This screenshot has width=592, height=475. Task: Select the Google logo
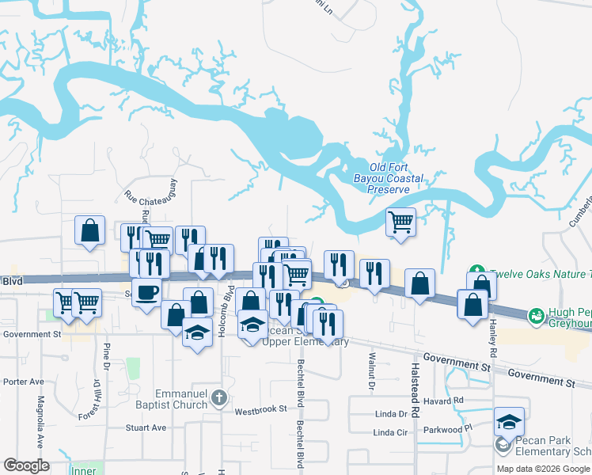(x=26, y=465)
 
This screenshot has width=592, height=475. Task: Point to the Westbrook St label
(x=260, y=411)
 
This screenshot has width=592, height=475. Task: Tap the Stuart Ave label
(x=146, y=427)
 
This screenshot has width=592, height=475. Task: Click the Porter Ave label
(x=23, y=382)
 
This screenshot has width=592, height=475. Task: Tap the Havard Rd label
(x=447, y=401)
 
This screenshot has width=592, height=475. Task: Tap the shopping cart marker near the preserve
(x=401, y=222)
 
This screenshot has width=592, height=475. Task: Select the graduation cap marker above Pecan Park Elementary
(x=510, y=421)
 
